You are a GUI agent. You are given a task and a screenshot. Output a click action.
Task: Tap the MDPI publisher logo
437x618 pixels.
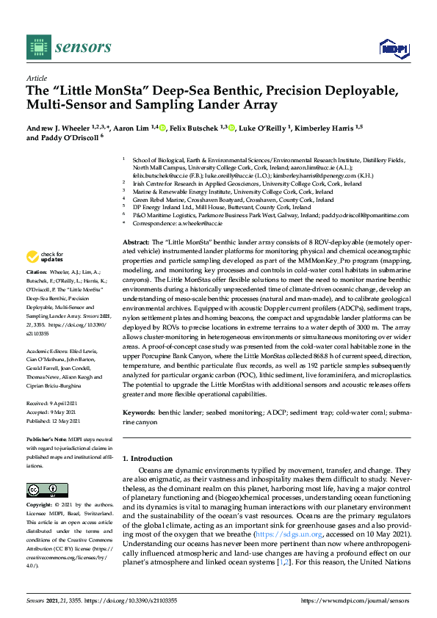click(394, 48)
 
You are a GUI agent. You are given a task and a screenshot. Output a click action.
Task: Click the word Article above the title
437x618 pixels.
click(36, 77)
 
